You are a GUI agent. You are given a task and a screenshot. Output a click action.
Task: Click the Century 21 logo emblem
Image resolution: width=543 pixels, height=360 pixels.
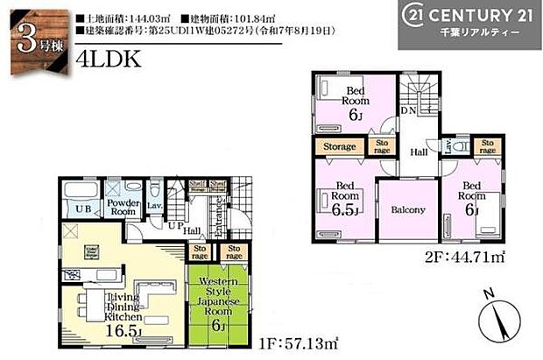tap(417, 17)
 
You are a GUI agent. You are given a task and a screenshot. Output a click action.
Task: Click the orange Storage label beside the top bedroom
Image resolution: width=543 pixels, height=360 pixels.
tap(340, 146)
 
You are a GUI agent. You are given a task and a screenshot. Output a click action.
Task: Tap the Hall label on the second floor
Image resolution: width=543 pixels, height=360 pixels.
tap(418, 152)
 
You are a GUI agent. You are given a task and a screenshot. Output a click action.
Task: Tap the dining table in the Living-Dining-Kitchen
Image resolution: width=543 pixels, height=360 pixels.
tap(86, 306)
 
